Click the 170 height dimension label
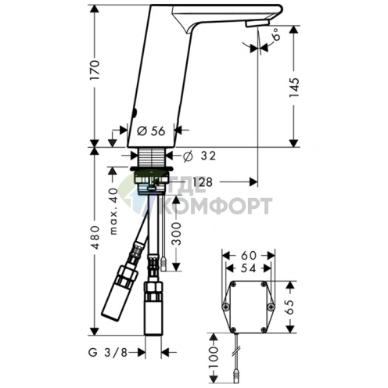pos(95,70)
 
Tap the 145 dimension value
pos(294,88)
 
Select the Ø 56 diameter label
pos(151,131)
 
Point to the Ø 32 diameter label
pos(199,156)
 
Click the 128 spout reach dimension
pos(202,182)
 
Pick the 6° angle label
pos(277,34)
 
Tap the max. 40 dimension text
pos(113,211)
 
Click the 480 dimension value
pos(95,237)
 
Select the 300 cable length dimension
pos(177,234)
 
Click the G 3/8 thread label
pos(108,353)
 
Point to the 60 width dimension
pos(249,256)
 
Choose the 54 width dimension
pos(248,268)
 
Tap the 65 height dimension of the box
pos(290,307)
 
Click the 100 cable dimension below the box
pos(214,357)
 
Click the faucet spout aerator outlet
pos(257,23)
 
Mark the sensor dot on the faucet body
pos(135,113)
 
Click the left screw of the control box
pos(225,307)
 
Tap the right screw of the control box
pos(271,307)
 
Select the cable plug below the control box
pos(236,377)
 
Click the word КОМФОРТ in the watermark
pos(218,206)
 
